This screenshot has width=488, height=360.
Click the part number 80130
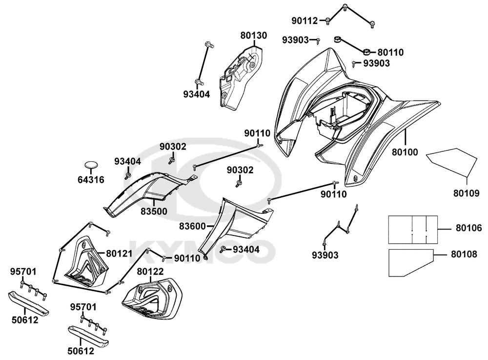253,35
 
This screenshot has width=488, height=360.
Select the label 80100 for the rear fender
405,152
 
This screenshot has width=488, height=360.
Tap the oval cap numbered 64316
91,164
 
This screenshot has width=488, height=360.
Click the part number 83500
154,211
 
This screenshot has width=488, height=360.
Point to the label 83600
193,226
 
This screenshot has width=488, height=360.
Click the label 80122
150,271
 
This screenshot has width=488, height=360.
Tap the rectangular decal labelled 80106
413,229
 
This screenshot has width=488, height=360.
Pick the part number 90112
305,21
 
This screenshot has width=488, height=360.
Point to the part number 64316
91,180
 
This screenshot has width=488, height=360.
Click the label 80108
464,254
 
